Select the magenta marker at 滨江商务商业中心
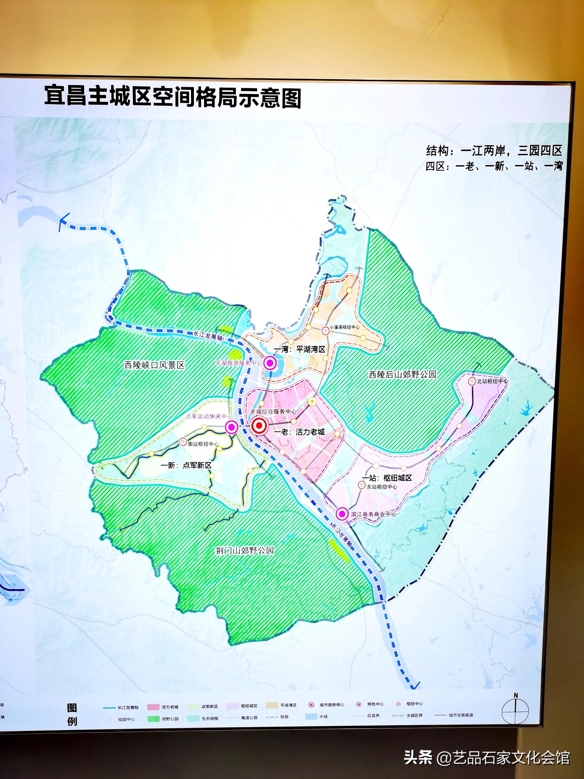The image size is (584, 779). pyautogui.click(x=342, y=514)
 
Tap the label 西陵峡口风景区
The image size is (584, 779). pyautogui.click(x=154, y=365)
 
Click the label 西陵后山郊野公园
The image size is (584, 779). pyautogui.click(x=402, y=374)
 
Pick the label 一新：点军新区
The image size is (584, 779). pyautogui.click(x=186, y=465)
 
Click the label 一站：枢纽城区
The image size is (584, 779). pyautogui.click(x=387, y=478)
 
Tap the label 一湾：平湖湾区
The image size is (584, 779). pyautogui.click(x=299, y=349)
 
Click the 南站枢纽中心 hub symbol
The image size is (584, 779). pyautogui.click(x=183, y=442)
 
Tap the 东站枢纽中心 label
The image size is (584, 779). pyautogui.click(x=382, y=487)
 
